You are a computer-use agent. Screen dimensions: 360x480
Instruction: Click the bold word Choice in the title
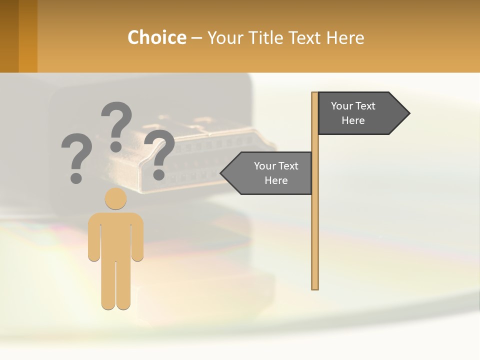coord(156,37)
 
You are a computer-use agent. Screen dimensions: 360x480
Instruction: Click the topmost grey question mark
coord(116,125)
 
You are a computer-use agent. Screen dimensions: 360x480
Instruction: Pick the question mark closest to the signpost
coord(159,154)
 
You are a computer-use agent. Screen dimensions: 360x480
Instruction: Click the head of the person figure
coord(115,198)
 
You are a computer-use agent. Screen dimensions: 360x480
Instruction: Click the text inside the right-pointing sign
coord(353,113)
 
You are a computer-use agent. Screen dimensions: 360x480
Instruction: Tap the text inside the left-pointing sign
coord(276,173)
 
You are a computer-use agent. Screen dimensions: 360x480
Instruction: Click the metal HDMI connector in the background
coord(200,155)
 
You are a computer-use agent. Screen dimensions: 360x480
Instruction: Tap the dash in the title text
coord(196,38)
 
